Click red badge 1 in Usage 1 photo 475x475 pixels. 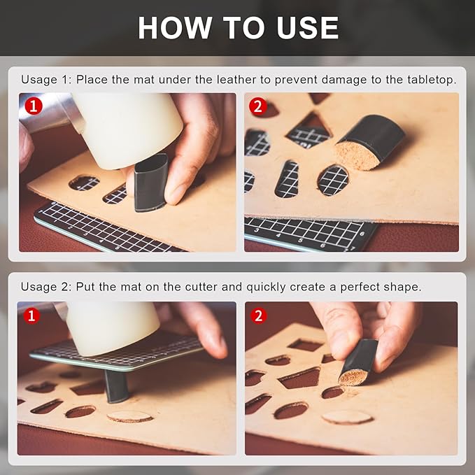click(x=34, y=106)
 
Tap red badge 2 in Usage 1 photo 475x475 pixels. click(x=257, y=106)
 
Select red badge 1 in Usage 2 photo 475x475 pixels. click(x=31, y=316)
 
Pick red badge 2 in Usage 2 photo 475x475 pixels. click(x=259, y=316)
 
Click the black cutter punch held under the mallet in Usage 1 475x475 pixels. click(x=150, y=183)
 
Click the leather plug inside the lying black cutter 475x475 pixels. click(x=357, y=155)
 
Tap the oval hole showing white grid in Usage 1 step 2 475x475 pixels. click(x=333, y=180)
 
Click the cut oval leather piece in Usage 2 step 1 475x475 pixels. click(x=130, y=416)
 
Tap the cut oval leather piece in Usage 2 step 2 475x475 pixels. click(x=347, y=418)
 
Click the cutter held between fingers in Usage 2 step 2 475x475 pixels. click(x=358, y=362)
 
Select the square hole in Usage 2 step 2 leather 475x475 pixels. click(x=306, y=345)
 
